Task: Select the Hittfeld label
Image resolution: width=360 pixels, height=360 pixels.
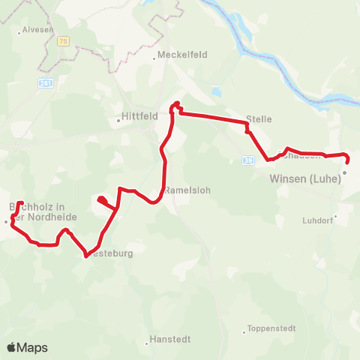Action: click(137, 117)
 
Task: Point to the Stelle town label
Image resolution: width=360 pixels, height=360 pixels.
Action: click(259, 119)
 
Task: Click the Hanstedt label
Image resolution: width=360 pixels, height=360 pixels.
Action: click(171, 338)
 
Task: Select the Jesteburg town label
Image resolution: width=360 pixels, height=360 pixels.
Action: click(111, 253)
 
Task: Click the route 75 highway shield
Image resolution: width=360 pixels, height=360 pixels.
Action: click(65, 42)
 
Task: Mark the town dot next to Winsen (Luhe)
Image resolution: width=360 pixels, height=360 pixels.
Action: click(344, 172)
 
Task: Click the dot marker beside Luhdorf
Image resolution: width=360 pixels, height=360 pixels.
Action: click(336, 216)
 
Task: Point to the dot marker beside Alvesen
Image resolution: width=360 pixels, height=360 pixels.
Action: click(19, 33)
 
